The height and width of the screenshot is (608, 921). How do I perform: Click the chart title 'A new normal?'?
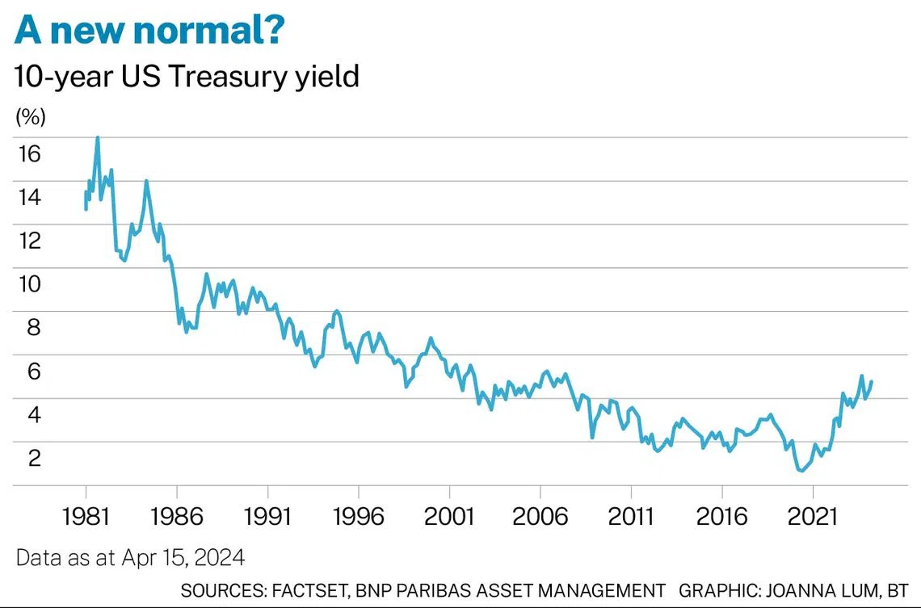click(x=149, y=31)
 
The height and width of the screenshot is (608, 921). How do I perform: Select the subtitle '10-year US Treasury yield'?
click(x=187, y=77)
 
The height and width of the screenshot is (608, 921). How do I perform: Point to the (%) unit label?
click(x=31, y=117)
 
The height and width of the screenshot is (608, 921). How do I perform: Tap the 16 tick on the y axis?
click(x=30, y=153)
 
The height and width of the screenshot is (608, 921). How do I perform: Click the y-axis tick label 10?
click(x=30, y=284)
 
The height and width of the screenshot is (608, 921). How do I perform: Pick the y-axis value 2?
click(x=35, y=458)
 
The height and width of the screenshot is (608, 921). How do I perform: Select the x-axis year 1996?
click(x=358, y=516)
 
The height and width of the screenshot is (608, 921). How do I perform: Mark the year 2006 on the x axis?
click(x=540, y=516)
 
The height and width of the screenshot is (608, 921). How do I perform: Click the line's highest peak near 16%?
click(x=98, y=138)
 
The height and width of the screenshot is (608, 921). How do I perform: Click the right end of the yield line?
click(x=872, y=381)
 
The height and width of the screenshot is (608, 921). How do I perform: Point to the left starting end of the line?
click(x=86, y=208)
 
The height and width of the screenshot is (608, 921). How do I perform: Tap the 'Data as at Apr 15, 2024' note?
click(x=130, y=557)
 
